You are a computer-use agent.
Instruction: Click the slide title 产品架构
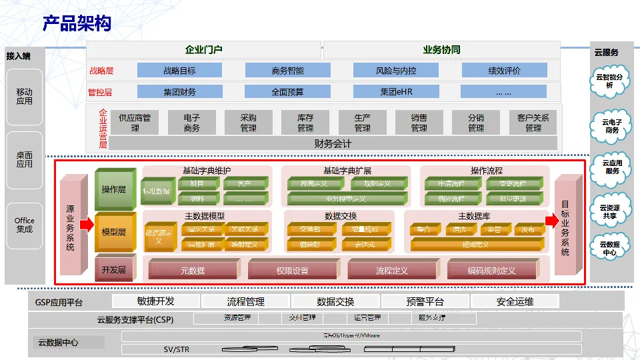point(77,25)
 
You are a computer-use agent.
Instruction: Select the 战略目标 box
point(179,70)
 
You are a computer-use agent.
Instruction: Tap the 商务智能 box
point(287,70)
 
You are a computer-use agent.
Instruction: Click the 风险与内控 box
point(395,70)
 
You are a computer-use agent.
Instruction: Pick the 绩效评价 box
point(504,70)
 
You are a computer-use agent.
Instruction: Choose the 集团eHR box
point(396,92)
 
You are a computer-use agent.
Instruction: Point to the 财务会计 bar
point(333,143)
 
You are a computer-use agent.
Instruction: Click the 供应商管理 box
point(135,122)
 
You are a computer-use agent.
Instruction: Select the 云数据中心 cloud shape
point(609,248)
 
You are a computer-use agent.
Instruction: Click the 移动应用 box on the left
point(25,97)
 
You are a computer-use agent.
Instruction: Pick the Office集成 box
point(25,225)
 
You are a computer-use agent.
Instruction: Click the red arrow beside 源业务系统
point(87,225)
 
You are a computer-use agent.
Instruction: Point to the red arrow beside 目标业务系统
point(550,221)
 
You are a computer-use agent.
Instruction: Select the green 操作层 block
point(114,190)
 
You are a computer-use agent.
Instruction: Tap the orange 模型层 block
point(114,232)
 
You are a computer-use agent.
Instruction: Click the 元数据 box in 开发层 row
point(193,271)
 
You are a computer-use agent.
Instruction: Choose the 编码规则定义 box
point(491,271)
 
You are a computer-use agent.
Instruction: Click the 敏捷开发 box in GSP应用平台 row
point(156,301)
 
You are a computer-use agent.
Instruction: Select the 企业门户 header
point(203,49)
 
